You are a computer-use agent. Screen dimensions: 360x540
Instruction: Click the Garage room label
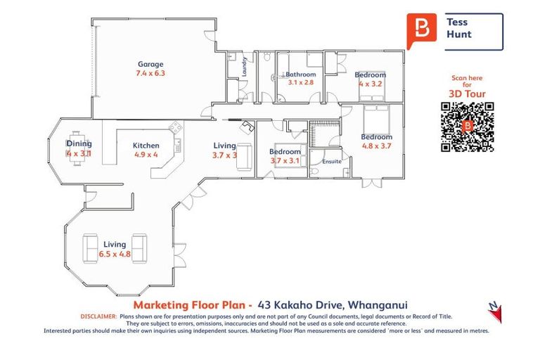150,64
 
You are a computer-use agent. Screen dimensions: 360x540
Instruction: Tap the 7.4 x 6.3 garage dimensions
150,72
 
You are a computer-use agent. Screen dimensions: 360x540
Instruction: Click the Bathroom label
300,74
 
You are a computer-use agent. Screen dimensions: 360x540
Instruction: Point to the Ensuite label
332,161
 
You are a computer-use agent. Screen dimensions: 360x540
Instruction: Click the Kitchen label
146,146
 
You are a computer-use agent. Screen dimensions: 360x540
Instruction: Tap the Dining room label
79,143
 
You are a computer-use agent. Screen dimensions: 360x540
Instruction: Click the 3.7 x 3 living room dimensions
225,155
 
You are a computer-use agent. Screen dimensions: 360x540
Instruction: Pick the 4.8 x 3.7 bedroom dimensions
376,146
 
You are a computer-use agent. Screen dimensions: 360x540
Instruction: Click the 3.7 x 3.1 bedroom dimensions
285,160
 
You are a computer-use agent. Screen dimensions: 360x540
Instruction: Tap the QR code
467,127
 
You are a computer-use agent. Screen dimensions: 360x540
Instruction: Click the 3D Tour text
467,93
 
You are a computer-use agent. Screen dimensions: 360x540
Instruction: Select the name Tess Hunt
460,28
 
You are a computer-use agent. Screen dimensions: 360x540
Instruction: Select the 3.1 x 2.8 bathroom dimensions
300,82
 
